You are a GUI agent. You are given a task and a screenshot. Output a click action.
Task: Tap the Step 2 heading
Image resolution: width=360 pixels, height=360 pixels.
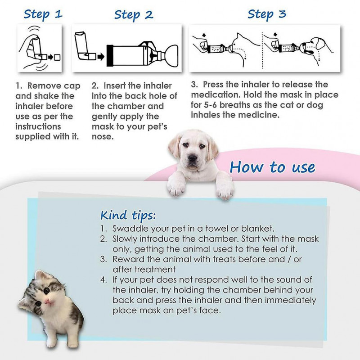click(133, 14)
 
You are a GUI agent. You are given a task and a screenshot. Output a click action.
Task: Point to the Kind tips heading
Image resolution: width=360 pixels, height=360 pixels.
click(128, 214)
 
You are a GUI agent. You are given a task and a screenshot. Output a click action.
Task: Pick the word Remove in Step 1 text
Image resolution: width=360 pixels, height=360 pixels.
click(46, 86)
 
